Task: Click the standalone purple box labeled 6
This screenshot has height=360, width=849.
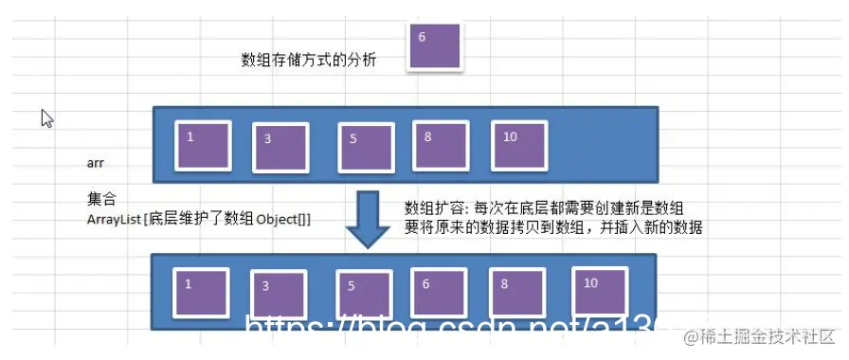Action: [x=434, y=46]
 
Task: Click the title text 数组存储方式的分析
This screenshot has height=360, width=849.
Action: [x=309, y=61]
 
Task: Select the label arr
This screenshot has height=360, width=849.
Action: [x=95, y=163]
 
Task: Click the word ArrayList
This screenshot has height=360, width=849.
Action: [x=111, y=220]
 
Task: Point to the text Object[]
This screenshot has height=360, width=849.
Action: [x=283, y=220]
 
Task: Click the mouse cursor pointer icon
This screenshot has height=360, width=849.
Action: [x=46, y=117]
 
